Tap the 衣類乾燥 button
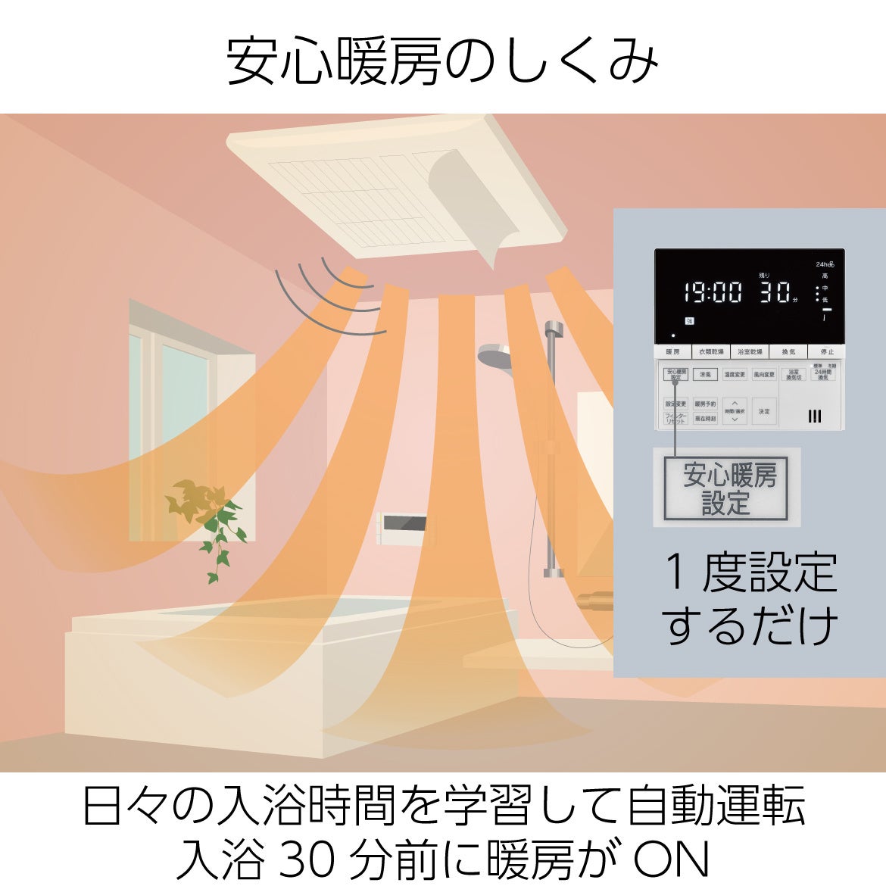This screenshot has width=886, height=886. [x=711, y=352]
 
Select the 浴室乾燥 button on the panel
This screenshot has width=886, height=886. [x=750, y=352]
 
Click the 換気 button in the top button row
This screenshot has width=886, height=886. [x=788, y=352]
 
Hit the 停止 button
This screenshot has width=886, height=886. [x=826, y=352]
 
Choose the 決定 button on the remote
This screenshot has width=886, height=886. [x=763, y=411]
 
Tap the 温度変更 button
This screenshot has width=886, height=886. [x=735, y=375]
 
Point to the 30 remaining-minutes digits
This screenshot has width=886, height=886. [x=774, y=292]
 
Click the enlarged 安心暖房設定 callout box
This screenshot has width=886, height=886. [x=726, y=487]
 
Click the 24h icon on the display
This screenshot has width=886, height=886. [x=824, y=264]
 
